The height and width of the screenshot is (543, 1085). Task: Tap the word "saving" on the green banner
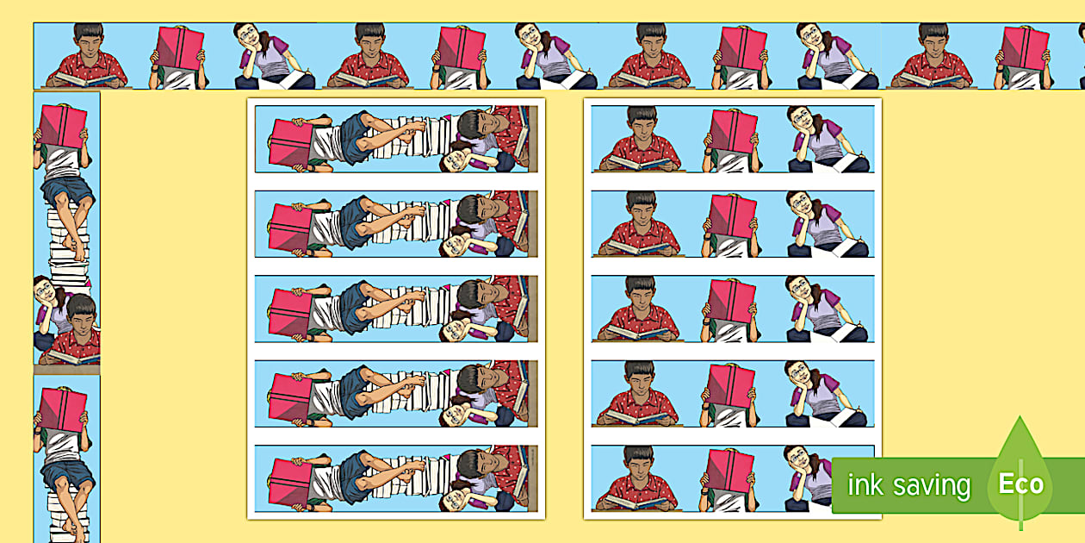coord(932,487)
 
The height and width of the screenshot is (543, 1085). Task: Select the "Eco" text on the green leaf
coord(1021,484)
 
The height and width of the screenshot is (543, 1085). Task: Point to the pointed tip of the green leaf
coord(1020,417)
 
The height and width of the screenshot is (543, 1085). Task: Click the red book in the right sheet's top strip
coord(734,131)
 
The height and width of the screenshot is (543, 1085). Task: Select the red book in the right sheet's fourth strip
coord(731,386)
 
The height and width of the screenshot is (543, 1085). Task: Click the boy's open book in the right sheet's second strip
coord(639,247)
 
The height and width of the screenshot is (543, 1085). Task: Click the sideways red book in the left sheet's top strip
coord(292,142)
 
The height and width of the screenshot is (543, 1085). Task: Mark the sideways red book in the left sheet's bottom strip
coord(292,483)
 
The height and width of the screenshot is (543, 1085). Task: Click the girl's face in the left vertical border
coord(45,291)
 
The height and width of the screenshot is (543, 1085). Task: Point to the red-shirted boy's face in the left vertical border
coord(83,321)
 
